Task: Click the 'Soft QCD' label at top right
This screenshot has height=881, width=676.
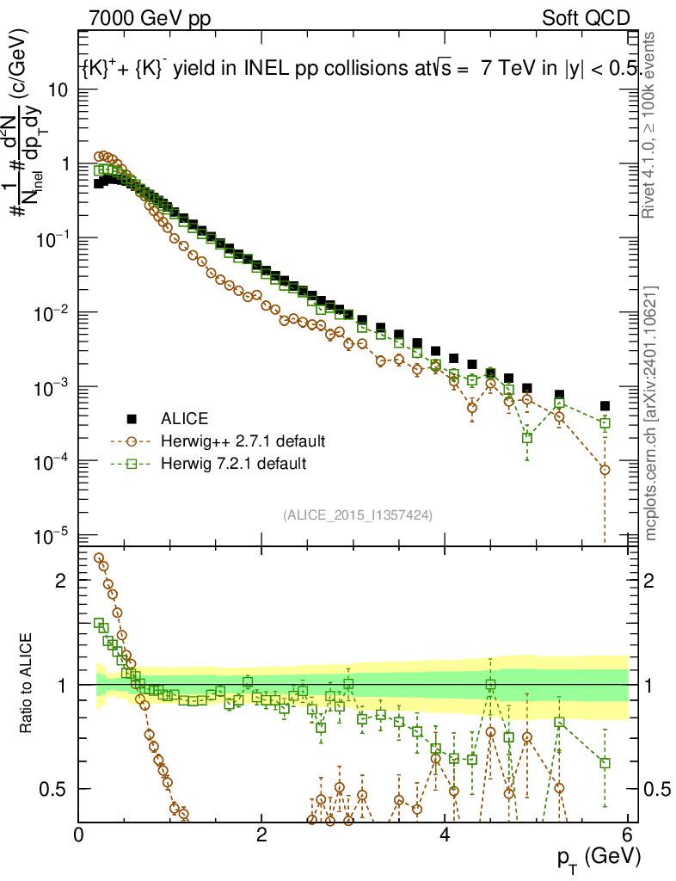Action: point(585,17)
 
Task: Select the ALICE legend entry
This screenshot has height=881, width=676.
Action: point(184,420)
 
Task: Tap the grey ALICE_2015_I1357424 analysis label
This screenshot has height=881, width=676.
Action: point(357,514)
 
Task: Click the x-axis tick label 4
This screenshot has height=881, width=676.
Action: point(445,835)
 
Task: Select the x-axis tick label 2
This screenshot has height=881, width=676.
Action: point(261,835)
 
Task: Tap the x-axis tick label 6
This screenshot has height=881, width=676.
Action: point(628,835)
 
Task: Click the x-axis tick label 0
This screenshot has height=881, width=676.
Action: point(78,835)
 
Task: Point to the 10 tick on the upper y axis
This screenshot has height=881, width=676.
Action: point(57,89)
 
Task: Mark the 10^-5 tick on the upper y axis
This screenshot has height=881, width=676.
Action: point(53,536)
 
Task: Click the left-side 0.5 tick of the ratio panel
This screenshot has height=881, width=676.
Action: point(52,789)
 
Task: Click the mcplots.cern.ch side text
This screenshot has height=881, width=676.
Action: point(652,413)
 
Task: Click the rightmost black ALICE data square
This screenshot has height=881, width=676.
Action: point(605,406)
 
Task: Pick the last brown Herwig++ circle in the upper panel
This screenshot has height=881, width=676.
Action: point(605,470)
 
